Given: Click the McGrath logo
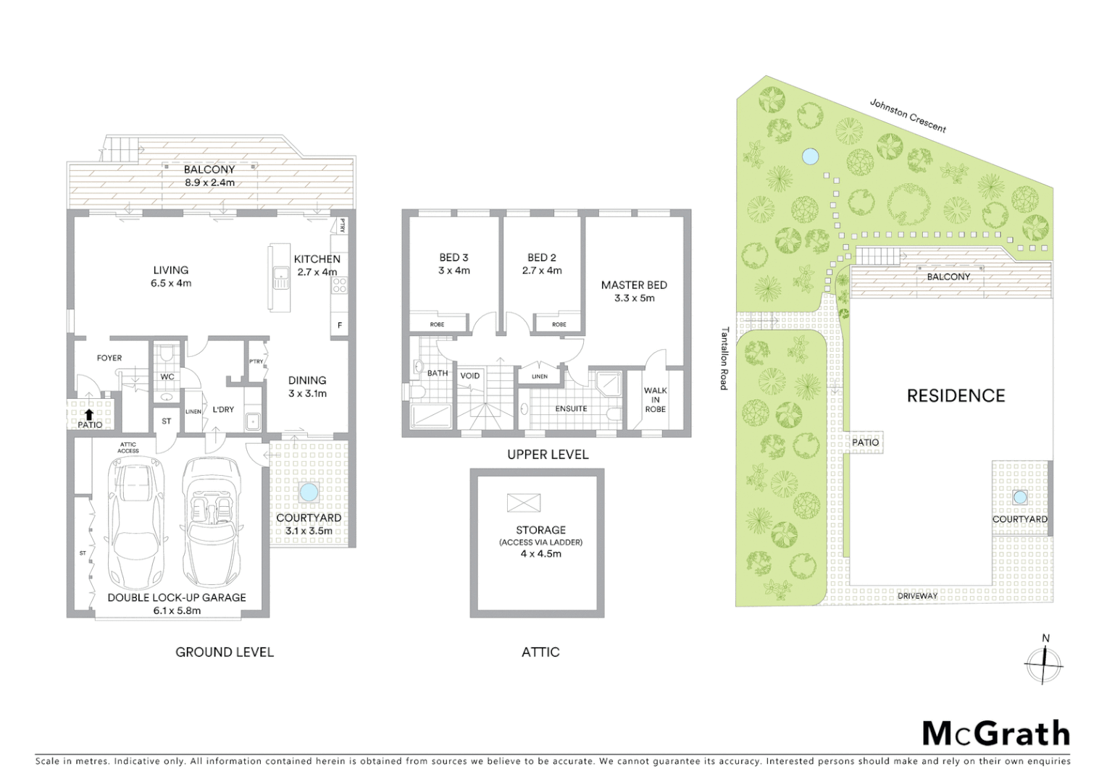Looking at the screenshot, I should (x=995, y=734).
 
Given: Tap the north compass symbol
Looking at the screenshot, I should (x=1044, y=663).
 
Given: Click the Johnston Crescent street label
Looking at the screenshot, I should (x=908, y=116).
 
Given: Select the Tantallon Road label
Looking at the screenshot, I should (x=724, y=358).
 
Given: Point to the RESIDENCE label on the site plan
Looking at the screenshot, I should (x=956, y=395).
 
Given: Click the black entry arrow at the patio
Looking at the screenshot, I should (x=88, y=414).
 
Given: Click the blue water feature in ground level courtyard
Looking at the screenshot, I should (x=309, y=493).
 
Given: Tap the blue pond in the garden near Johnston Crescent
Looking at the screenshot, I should (x=809, y=156).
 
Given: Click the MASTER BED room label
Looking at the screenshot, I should (x=634, y=285).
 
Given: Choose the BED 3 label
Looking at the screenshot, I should (x=454, y=257).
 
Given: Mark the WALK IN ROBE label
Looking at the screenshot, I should (x=655, y=400).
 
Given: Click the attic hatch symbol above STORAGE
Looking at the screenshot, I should (x=524, y=502).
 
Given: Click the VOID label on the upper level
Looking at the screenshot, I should (x=469, y=375).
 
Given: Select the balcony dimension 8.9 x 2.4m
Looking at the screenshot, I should (x=209, y=182).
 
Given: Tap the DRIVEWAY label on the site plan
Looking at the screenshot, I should (x=917, y=596).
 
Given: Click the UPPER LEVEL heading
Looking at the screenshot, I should (x=548, y=454).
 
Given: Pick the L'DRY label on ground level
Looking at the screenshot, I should (x=223, y=409).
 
